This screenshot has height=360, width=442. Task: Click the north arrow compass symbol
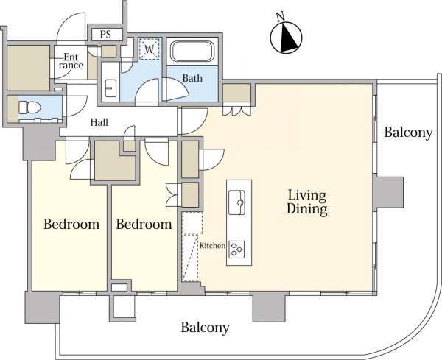coord(286,38)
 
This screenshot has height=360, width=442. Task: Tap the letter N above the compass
coord(280,17)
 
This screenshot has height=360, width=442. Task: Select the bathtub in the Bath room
coord(192,52)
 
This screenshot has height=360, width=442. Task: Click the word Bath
coord(192,78)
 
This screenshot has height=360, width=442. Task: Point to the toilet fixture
coord(29,107)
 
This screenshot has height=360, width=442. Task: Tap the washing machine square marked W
coord(150,49)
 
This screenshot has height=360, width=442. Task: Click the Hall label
coord(99,122)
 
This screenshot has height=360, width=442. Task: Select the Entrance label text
coord(71,61)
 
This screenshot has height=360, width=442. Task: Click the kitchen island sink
coord(236,202)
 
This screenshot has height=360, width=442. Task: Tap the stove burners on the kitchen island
coord(236,249)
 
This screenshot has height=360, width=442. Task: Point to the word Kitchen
coord(213,246)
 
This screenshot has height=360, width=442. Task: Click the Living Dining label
coord(306,202)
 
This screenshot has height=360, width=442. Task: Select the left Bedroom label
coord(71,225)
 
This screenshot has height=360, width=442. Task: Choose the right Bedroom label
coord(144,225)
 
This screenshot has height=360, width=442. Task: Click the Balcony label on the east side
coord(408,132)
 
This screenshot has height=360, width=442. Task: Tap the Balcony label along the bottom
coord(205,328)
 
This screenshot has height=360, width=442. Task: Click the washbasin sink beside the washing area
coord(110,88)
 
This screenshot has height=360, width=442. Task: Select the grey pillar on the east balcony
coord(388,192)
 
